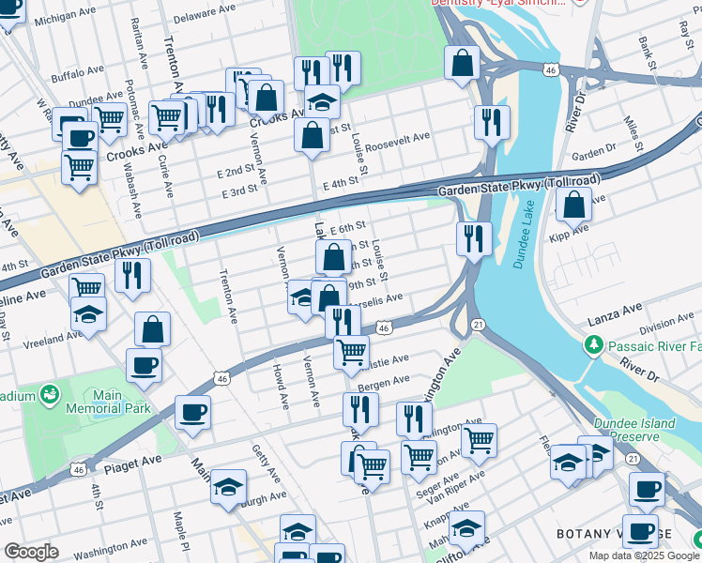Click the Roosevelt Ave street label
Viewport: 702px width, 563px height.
click(397, 137)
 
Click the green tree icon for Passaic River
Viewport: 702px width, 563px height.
click(593, 346)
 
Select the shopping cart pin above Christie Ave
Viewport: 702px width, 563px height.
click(351, 352)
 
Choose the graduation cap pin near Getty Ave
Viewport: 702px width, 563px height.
click(228, 487)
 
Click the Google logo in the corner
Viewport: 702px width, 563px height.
click(31, 552)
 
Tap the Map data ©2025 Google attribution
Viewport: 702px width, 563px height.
click(643, 555)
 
